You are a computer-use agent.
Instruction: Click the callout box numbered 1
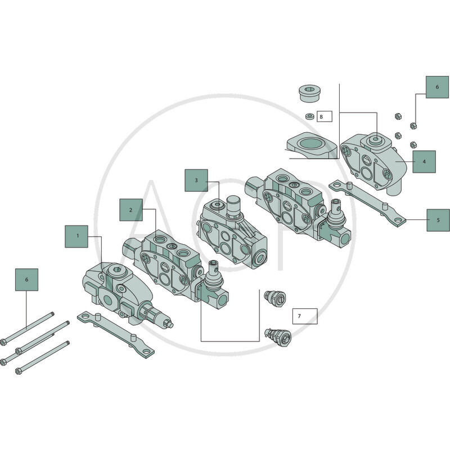[76, 236]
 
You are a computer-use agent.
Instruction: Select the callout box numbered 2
[131, 210]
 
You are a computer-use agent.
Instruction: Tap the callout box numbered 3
[196, 180]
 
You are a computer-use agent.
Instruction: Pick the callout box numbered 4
[424, 161]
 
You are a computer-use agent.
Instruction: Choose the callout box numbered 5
[438, 220]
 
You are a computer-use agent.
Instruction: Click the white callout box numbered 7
[305, 316]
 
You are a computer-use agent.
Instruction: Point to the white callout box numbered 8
[325, 116]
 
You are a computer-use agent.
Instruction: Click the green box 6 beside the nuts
[437, 87]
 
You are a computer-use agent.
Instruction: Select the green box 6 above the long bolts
[26, 280]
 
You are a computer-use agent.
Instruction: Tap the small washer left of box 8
[309, 116]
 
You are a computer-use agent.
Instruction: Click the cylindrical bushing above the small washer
[310, 93]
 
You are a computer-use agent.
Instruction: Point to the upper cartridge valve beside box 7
[275, 298]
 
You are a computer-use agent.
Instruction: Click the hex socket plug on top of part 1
[118, 270]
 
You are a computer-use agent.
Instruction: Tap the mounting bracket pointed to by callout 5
[367, 202]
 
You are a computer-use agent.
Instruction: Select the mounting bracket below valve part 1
[116, 334]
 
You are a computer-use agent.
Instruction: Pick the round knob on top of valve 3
[233, 204]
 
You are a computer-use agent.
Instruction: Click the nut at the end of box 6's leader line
[413, 125]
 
